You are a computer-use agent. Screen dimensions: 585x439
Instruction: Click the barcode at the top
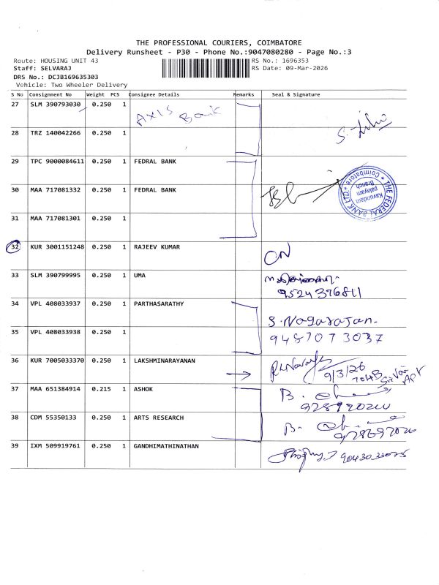click(203, 68)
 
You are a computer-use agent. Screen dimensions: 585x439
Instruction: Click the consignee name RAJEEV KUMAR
click(156, 247)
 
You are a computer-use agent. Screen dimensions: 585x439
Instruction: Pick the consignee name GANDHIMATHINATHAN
click(168, 445)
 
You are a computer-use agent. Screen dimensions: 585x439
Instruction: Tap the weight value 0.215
click(100, 389)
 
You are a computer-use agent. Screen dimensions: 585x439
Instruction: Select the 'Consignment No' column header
click(50, 94)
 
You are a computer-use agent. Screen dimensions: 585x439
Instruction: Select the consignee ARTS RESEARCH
click(158, 418)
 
